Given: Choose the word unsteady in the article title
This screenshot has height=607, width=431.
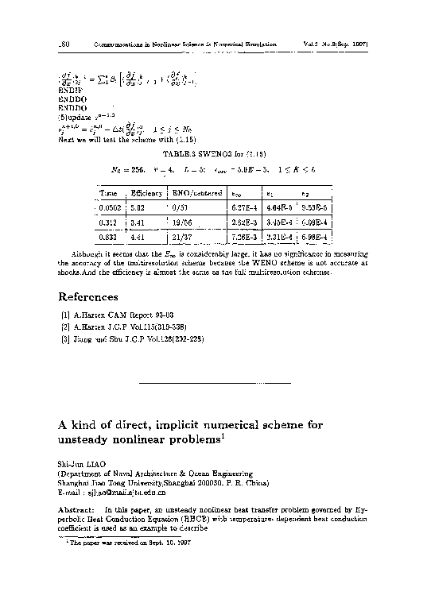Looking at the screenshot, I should (x=90, y=439).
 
